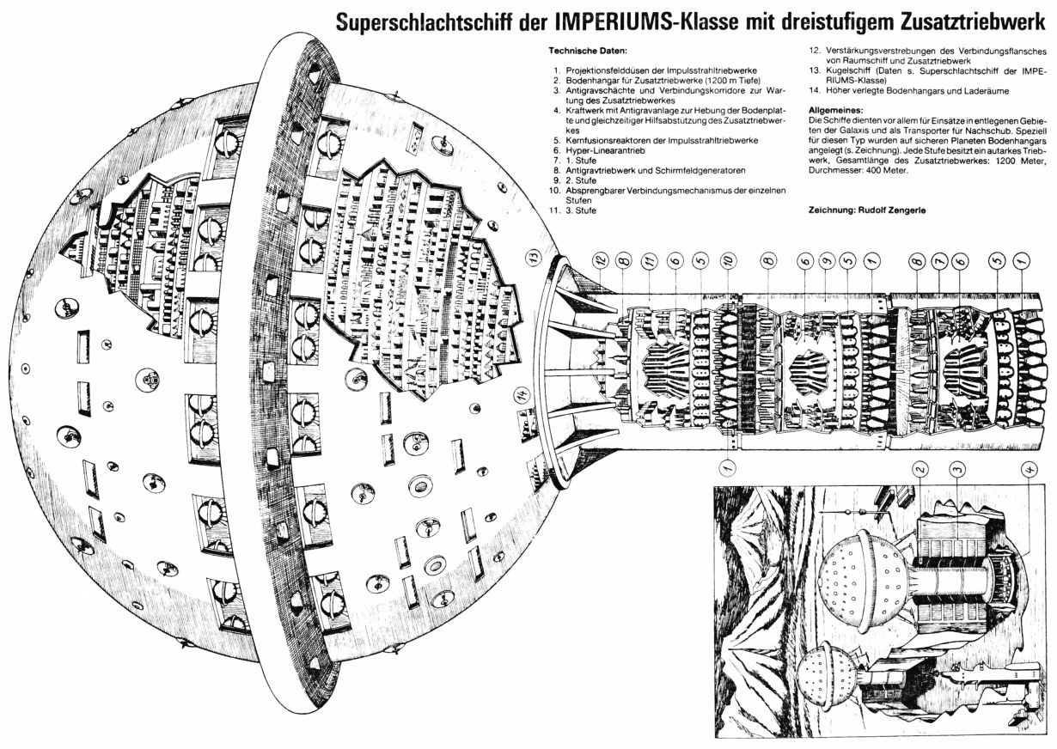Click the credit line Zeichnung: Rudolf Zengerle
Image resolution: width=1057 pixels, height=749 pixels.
coord(867,210)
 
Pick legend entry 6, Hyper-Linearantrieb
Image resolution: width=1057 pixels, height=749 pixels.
coord(599,150)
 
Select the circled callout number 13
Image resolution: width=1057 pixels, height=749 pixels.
coord(533,258)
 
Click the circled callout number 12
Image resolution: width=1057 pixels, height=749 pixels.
coord(601,261)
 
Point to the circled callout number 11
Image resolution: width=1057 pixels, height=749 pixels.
coord(650,261)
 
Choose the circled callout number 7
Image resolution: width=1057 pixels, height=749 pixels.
coord(939,261)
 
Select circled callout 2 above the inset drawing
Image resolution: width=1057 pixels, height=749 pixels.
coord(920,469)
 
